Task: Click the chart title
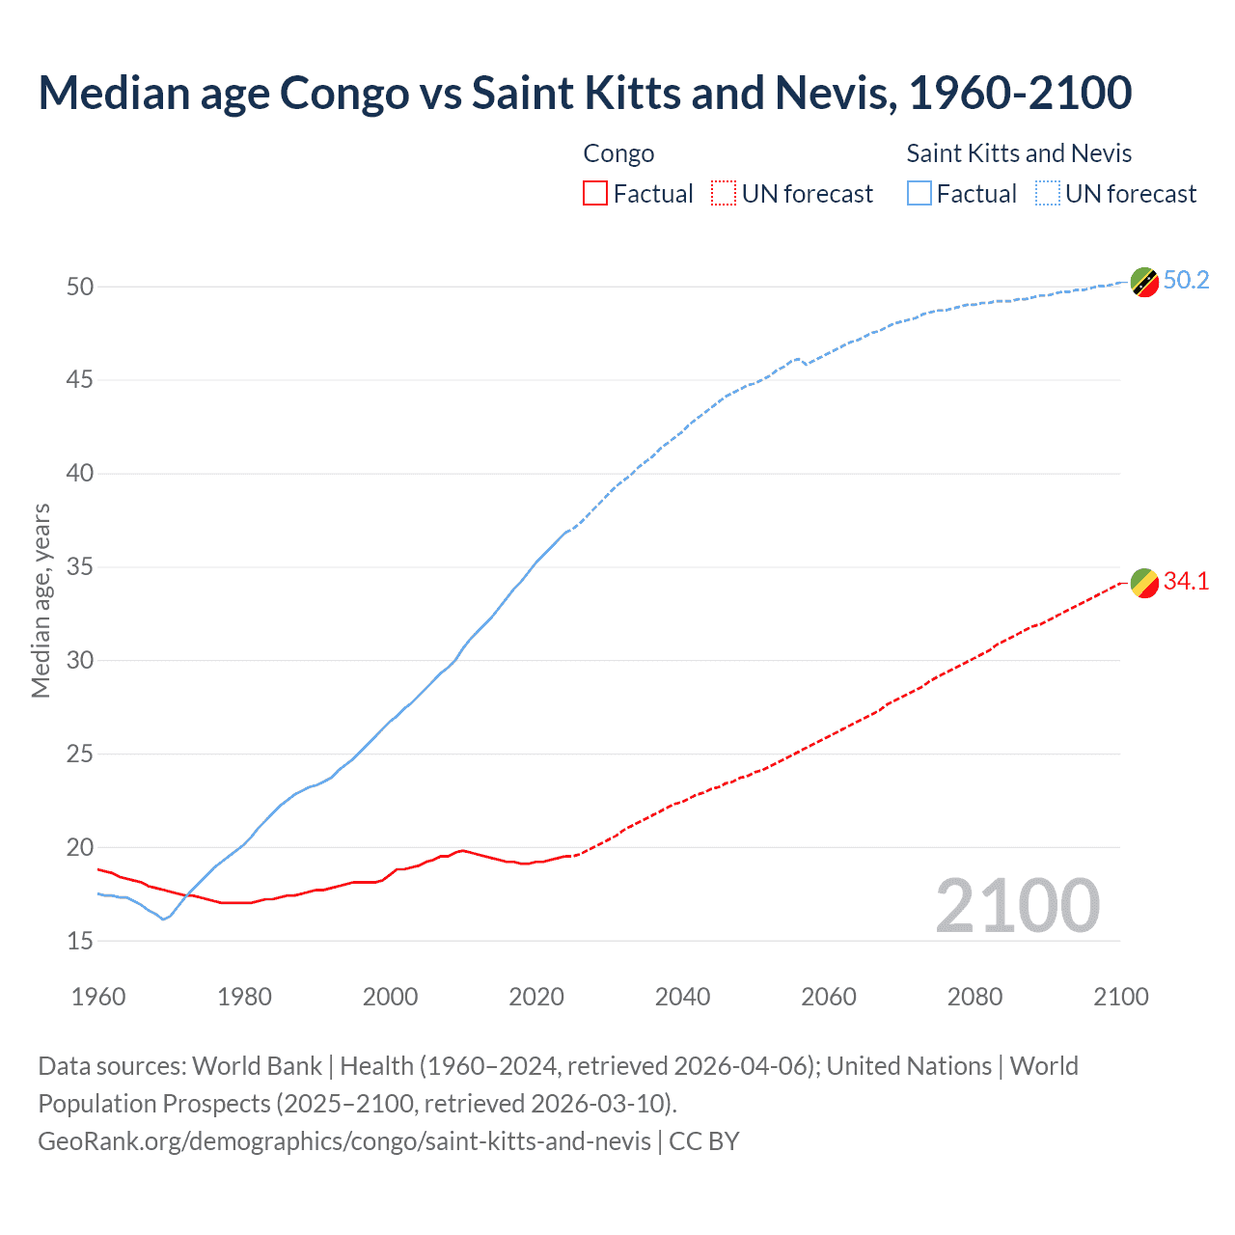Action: (585, 94)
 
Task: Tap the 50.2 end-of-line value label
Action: (1186, 280)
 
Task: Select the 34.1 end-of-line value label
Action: (1186, 581)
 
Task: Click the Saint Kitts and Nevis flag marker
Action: (1144, 283)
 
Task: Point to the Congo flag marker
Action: (1144, 584)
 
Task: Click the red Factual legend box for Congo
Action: (595, 194)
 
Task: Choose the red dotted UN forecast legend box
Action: (724, 194)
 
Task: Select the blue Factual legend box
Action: (919, 194)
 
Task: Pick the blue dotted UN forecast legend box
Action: (1048, 194)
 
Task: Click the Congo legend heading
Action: (618, 153)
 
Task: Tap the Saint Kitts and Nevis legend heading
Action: (1019, 153)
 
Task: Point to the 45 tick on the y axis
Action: (80, 380)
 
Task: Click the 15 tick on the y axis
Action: (80, 941)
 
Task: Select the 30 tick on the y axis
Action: (80, 661)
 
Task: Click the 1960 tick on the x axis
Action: (98, 997)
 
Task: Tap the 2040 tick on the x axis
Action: (682, 997)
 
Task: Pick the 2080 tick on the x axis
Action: (974, 997)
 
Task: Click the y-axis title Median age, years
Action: (41, 600)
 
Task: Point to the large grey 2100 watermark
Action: (1017, 906)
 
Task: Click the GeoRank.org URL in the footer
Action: (344, 1141)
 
